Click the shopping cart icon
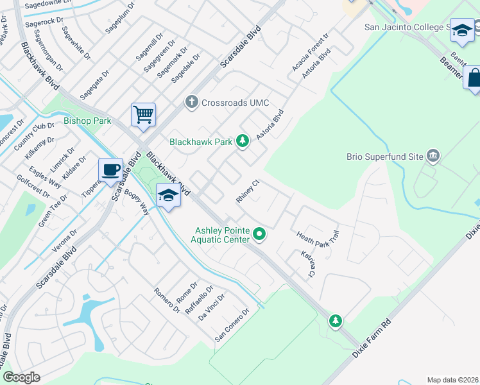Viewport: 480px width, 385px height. click(144, 115)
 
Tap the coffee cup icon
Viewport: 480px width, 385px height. click(110, 169)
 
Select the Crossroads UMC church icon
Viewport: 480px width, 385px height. click(191, 102)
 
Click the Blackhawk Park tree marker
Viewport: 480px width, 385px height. click(242, 141)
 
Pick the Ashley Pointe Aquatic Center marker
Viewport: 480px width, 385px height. click(259, 235)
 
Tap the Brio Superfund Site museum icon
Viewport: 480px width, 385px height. click(433, 156)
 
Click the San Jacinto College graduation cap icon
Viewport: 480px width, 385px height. click(461, 30)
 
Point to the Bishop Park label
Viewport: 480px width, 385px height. click(87, 121)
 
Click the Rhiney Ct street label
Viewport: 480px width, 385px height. click(247, 191)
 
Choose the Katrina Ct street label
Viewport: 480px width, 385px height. click(309, 264)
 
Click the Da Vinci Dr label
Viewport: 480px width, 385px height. click(212, 307)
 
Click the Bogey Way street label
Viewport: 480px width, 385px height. click(137, 201)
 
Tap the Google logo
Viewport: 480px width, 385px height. click(21, 377)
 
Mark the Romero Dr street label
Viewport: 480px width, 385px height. click(167, 300)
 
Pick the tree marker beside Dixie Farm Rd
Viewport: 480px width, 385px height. click(334, 320)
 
